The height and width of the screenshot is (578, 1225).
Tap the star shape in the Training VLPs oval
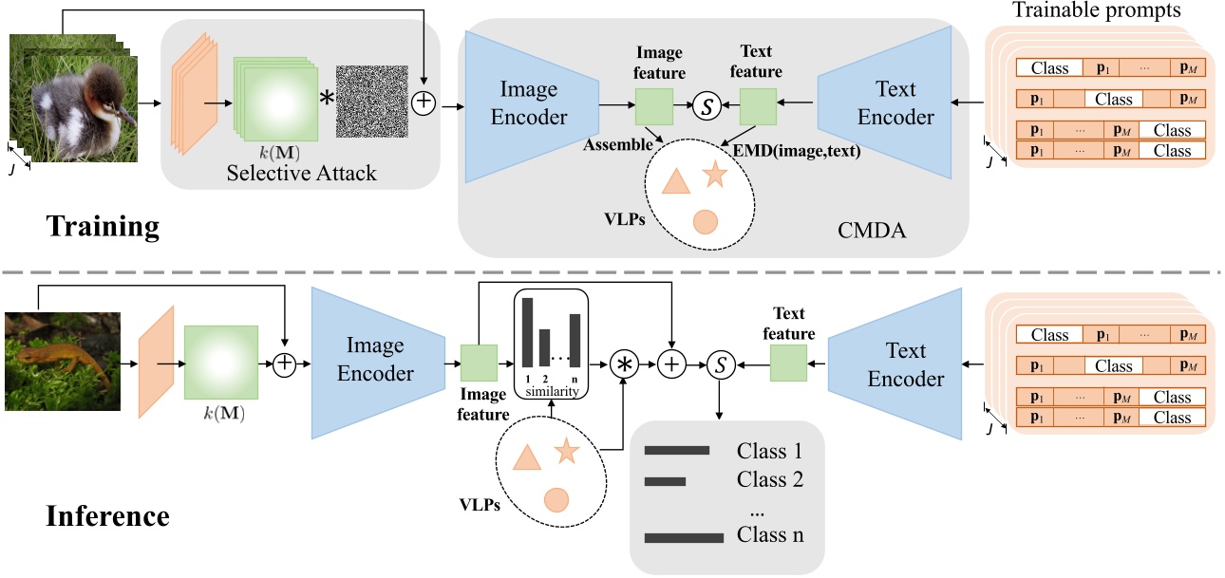714,175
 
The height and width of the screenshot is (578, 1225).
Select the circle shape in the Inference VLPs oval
556,498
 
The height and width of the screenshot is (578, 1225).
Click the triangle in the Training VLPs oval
674,182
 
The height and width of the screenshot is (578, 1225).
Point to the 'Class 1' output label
769,451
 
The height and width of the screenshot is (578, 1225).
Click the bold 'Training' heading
102,228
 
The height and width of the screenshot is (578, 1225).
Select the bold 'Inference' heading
107,516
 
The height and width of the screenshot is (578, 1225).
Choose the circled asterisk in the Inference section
625,364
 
